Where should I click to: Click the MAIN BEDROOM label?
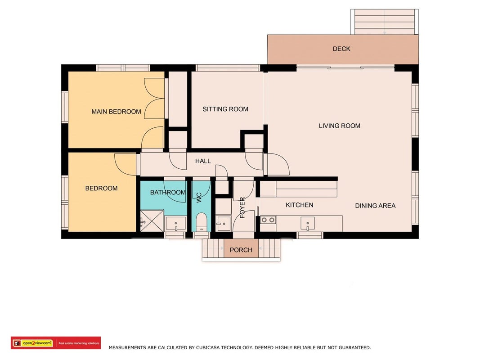point(117,112)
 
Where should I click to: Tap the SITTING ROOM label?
point(225,109)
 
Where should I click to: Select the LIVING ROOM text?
point(340,126)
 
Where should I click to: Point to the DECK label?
point(341,49)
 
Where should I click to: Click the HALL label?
point(203,161)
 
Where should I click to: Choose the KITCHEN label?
point(300,205)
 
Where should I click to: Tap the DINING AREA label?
point(375,206)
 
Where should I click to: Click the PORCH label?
point(241,250)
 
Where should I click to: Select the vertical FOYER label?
point(242,208)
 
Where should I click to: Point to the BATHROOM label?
point(168,193)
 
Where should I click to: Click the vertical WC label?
point(199,198)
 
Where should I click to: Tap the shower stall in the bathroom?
point(152,220)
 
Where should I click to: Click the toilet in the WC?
point(202,222)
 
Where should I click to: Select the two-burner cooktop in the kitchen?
point(268,220)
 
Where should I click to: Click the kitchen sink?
point(308,223)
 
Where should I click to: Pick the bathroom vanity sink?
point(176,224)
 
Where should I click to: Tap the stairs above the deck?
point(385,22)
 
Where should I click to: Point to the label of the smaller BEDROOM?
point(101,189)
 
